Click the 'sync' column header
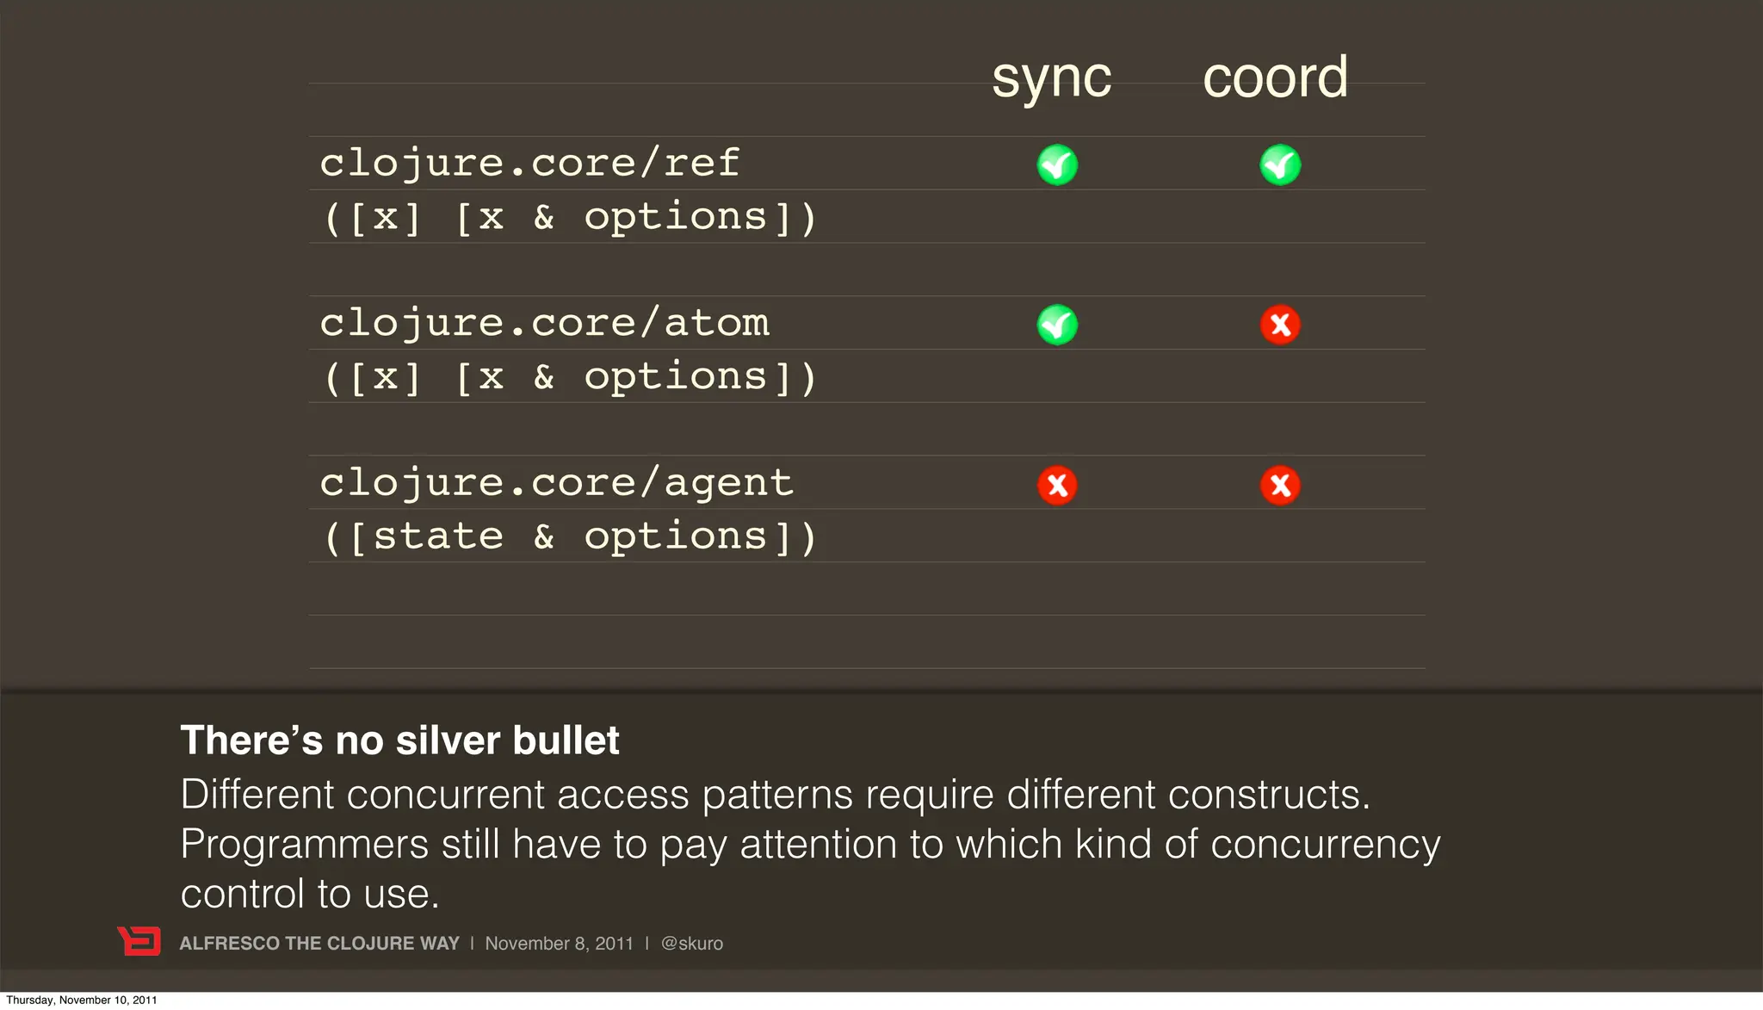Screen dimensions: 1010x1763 pos(1051,79)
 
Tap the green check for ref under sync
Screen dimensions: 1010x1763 pos(1057,164)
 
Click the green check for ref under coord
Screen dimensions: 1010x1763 pos(1280,164)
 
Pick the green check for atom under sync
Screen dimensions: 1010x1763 pos(1057,325)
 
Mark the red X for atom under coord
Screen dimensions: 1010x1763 pos(1280,325)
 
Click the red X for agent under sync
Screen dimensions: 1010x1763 pos(1057,485)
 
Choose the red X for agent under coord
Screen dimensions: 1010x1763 pos(1280,485)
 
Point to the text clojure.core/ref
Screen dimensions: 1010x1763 pos(529,163)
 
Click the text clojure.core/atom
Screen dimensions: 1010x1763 pos(544,323)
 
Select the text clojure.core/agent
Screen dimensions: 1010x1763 pos(556,483)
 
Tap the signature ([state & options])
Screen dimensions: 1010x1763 pos(570,536)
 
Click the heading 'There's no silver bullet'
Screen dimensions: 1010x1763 pos(399,740)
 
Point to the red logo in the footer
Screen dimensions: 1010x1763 pos(139,941)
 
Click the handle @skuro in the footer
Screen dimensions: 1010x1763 pos(691,944)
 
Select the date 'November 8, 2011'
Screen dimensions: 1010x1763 pos(559,944)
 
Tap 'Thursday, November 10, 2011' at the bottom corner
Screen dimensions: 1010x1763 pos(82,1000)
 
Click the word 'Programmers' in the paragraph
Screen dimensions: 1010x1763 pos(304,844)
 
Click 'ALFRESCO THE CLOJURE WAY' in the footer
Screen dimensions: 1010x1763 pos(319,944)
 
